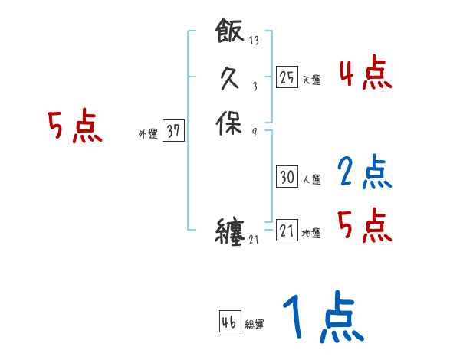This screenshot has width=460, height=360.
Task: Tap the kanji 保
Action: click(x=230, y=124)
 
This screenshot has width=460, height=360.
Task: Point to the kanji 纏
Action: click(x=230, y=231)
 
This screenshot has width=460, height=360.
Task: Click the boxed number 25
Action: click(x=287, y=77)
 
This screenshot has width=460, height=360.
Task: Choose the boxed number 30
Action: click(x=287, y=178)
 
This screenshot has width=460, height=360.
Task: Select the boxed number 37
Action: click(x=173, y=132)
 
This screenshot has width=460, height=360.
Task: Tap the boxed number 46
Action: click(x=229, y=322)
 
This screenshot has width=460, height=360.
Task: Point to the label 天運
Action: click(x=311, y=80)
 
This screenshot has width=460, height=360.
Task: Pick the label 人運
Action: click(x=311, y=180)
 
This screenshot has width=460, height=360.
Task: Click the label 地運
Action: click(x=311, y=234)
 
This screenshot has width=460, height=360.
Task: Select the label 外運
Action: click(x=147, y=133)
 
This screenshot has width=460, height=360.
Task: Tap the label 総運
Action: click(x=255, y=324)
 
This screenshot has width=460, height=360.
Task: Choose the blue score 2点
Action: click(x=366, y=172)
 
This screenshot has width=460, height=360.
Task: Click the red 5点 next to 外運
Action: click(x=75, y=126)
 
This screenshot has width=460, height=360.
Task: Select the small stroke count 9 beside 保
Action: click(x=254, y=133)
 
